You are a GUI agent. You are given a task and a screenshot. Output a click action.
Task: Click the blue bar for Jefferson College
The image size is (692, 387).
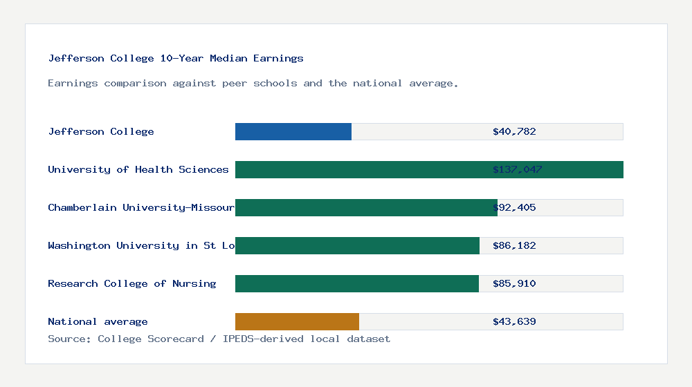pyautogui.click(x=293, y=131)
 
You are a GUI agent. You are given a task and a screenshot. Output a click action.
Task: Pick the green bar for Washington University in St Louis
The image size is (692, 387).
pyautogui.click(x=357, y=245)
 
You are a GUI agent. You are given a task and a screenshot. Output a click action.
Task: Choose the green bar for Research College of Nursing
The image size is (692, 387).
pyautogui.click(x=357, y=283)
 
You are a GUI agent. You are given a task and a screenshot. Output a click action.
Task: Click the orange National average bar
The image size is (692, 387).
pyautogui.click(x=297, y=321)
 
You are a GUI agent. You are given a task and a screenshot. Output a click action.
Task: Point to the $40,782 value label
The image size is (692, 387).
pyautogui.click(x=514, y=131)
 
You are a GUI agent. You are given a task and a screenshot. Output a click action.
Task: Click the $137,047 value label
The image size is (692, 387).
pyautogui.click(x=517, y=169)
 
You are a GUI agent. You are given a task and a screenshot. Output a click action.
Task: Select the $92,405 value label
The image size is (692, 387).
pyautogui.click(x=514, y=207)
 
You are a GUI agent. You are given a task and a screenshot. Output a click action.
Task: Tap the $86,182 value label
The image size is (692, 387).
pyautogui.click(x=514, y=245)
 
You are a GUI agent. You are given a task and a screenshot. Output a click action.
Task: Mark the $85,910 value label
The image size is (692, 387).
pyautogui.click(x=514, y=283)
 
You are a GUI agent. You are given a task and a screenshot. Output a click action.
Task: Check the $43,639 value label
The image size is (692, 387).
pyautogui.click(x=514, y=321)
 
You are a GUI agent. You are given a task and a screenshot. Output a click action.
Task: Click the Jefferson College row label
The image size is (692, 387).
pyautogui.click(x=101, y=131)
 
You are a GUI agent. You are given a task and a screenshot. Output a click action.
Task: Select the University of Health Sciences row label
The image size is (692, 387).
pyautogui.click(x=138, y=169)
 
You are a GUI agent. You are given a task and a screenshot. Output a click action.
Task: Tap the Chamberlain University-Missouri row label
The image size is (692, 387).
pyautogui.click(x=141, y=207)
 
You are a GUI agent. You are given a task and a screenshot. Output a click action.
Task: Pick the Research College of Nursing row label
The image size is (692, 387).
pyautogui.click(x=132, y=283)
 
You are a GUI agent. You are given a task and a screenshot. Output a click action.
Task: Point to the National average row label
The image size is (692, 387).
pyautogui.click(x=98, y=321)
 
